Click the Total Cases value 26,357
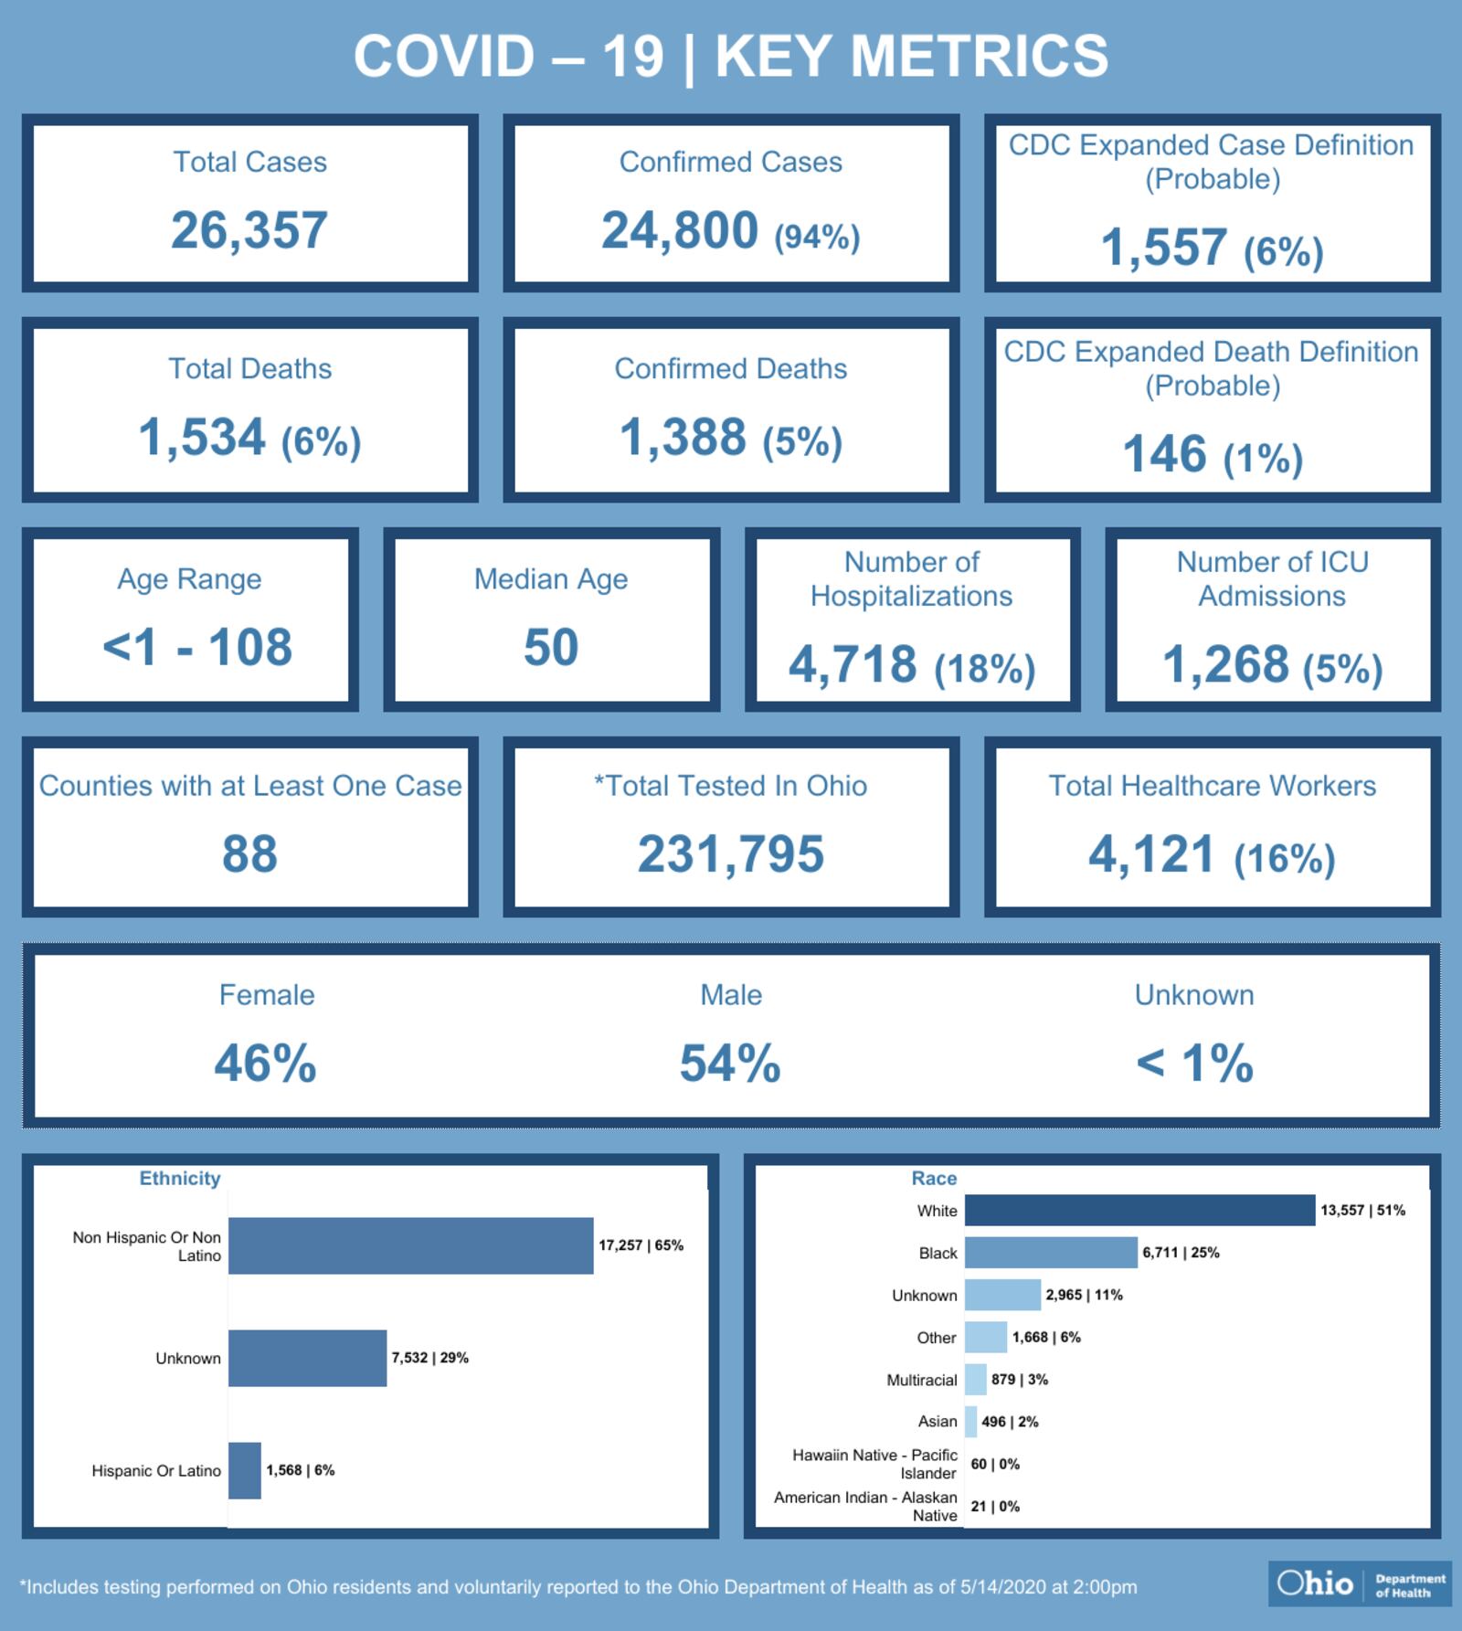point(249,230)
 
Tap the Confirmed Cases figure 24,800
point(680,230)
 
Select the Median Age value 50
point(551,648)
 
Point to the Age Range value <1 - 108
point(197,648)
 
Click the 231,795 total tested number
point(731,854)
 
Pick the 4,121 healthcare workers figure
point(1151,854)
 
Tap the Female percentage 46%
point(266,1064)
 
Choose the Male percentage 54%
point(730,1064)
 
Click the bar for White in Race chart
point(1139,1211)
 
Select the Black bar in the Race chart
point(1051,1253)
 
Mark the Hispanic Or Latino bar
point(245,1470)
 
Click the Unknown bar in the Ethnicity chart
point(307,1358)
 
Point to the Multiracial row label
point(921,1380)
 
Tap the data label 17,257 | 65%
point(641,1245)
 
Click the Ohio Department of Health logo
point(1360,1583)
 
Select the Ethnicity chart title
point(180,1179)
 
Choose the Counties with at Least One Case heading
point(250,786)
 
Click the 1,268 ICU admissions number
point(1224,664)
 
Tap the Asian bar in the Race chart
point(970,1422)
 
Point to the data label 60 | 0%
point(995,1464)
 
